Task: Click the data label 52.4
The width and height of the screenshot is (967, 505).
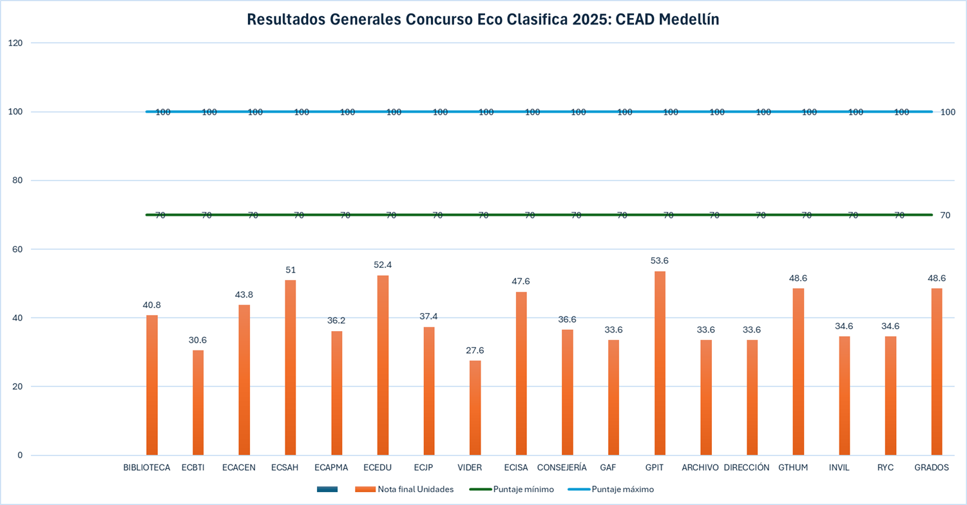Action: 383,265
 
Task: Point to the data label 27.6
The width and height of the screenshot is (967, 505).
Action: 475,350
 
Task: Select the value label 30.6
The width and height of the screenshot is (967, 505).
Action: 198,340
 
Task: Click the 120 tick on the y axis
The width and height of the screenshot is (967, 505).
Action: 15,43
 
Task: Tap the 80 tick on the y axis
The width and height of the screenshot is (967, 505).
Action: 17,180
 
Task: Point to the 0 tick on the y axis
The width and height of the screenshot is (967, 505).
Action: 19,455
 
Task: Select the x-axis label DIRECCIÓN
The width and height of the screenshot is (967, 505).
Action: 747,468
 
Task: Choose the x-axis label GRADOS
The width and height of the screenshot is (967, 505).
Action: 932,468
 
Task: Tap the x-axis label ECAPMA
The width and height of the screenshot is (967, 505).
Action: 331,468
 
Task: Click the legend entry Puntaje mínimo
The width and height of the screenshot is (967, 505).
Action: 523,490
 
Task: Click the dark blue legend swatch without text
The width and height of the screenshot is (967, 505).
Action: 327,490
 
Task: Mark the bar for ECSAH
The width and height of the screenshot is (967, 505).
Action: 291,368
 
